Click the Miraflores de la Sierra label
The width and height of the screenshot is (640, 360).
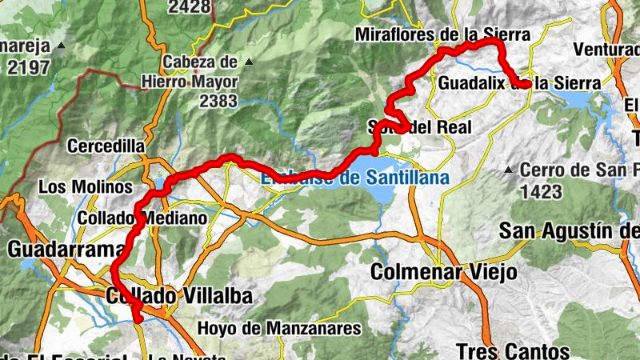coord(442,35)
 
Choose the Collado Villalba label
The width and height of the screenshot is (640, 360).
coord(179,297)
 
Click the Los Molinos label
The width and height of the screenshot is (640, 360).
coord(86,186)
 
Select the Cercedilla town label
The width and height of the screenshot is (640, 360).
coord(106,147)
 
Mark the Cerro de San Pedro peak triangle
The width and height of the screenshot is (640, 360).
coord(509,170)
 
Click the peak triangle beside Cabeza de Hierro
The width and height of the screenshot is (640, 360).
coord(249,62)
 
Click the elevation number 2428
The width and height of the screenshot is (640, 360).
coord(190,7)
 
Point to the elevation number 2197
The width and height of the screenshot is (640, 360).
coord(28,67)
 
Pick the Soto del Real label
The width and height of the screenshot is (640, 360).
coord(420,126)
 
